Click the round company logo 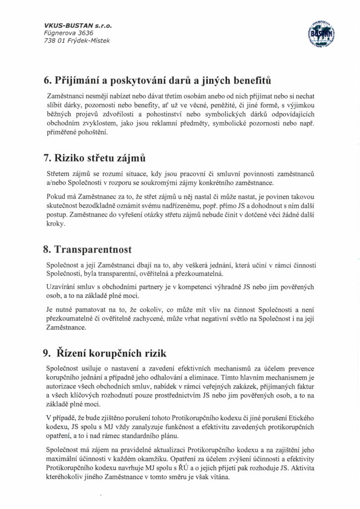(x=321, y=33)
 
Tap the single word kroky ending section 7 (x=54, y=224)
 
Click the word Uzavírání (x=60, y=288)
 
